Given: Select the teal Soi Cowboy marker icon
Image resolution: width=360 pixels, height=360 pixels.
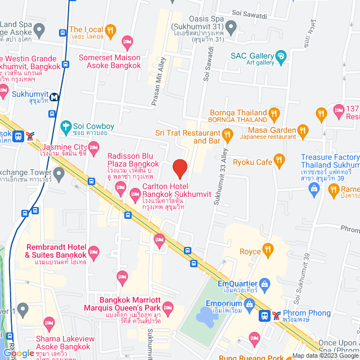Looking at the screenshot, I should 66,127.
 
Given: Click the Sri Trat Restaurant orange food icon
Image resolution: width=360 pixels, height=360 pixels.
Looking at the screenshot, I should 228,134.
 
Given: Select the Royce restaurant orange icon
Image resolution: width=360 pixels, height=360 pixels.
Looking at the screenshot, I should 269,250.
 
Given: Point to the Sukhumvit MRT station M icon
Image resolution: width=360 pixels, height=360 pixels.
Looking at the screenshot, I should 55,96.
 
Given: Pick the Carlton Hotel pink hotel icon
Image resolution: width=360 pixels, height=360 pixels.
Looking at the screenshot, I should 135,195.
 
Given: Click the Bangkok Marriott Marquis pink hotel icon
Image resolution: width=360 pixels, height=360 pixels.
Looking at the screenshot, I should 166,307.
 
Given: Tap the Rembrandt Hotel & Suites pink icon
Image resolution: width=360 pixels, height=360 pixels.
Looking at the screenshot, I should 93,251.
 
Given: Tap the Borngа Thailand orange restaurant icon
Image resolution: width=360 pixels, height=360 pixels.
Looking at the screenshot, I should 273,114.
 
